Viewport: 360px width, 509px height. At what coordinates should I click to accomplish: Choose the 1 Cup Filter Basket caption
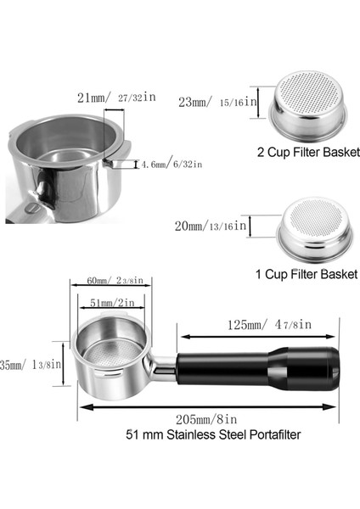305,274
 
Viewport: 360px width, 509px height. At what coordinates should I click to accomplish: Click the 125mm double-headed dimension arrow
257,336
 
